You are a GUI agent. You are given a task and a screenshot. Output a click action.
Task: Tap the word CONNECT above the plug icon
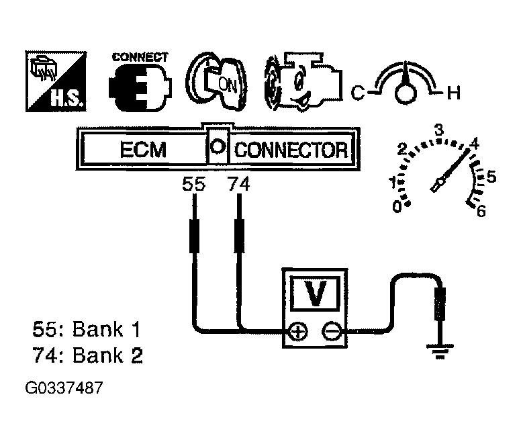[140, 57]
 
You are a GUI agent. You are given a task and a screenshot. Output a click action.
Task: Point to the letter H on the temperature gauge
[454, 93]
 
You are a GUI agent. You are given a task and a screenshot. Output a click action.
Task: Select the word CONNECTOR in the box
[291, 150]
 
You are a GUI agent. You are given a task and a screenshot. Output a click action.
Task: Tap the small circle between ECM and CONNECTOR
[218, 145]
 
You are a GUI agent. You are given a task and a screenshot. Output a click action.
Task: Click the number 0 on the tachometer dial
[397, 208]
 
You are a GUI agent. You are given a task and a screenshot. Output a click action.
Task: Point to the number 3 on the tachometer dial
[439, 130]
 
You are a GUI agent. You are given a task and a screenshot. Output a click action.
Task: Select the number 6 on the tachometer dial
[480, 212]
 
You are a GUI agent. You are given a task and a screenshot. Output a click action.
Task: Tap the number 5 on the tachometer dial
[491, 177]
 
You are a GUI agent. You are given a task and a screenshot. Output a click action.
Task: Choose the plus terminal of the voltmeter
[297, 331]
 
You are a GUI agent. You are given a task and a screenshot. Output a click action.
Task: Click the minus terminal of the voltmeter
[330, 331]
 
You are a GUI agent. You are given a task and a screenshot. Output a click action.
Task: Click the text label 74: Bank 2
[87, 355]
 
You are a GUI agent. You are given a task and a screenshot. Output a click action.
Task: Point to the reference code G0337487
[65, 389]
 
